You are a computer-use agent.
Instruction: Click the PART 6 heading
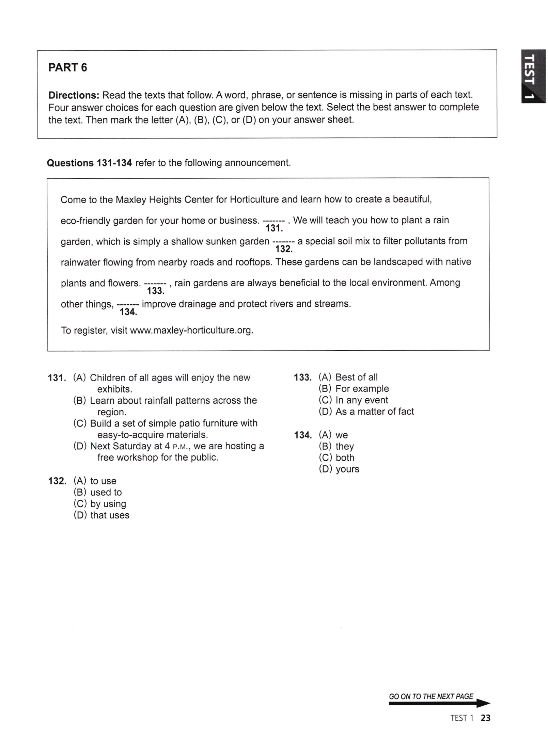(67, 67)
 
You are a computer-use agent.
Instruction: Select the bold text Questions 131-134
(89, 163)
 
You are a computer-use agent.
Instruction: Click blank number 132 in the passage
(284, 245)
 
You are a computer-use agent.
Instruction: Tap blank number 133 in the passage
(155, 287)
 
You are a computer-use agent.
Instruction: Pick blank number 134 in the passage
(128, 308)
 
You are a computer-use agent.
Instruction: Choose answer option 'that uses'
(110, 515)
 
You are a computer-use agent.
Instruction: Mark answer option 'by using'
(108, 503)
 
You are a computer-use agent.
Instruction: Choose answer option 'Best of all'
(356, 377)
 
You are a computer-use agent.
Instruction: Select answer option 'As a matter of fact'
(374, 412)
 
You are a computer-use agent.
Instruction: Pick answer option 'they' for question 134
(345, 446)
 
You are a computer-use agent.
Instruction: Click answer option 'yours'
(347, 469)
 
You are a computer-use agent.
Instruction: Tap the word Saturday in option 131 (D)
(133, 446)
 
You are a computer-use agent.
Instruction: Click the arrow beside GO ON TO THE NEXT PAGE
(482, 704)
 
